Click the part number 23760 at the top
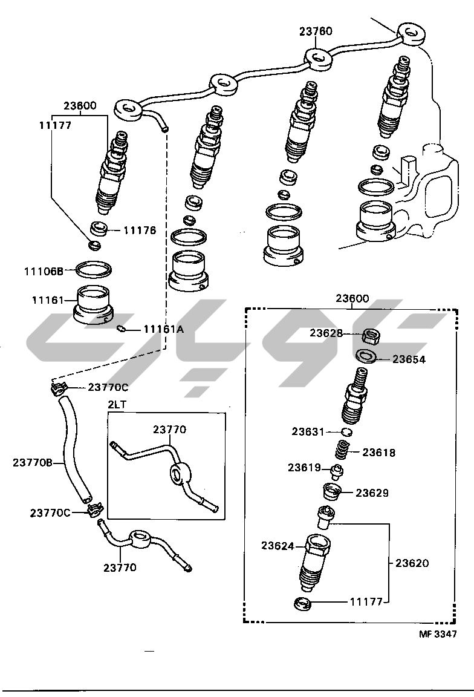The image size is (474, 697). pos(316,31)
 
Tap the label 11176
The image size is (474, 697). pos(140,231)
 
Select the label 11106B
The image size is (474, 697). pos(44,272)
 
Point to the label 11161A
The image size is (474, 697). pos(163,329)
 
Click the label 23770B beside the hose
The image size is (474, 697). pos(33,463)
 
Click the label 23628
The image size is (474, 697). pos(326,333)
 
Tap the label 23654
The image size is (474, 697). pos(409,359)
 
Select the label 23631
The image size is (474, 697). pos(308,431)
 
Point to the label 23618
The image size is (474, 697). pos(379,452)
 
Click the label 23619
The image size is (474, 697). pos(304,468)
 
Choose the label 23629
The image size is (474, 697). pos(372,493)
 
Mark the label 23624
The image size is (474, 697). pos(278,546)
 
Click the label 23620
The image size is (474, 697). pos(412,563)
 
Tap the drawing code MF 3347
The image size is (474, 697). pos(438,634)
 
